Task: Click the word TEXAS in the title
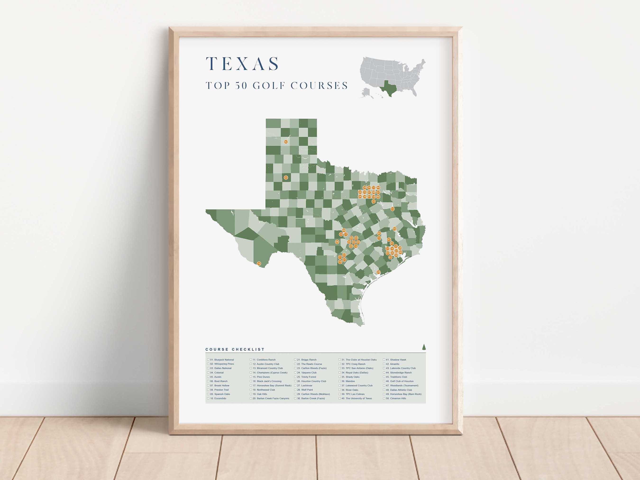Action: pos(242,64)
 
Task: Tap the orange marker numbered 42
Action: pos(286,142)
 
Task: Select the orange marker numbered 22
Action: pos(286,177)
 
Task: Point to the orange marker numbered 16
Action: pos(259,264)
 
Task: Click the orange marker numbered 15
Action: pos(393,209)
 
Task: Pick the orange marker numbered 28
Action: pos(378,272)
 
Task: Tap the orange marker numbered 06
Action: pos(337,242)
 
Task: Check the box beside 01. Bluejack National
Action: pos(208,360)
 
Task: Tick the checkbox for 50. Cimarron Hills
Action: pos(384,398)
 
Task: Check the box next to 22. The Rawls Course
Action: pos(295,364)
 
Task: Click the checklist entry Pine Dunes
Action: pos(263,377)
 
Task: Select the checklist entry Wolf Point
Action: pos(307,390)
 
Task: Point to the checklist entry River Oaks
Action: pos(352,390)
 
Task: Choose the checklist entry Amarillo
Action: pos(394,364)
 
